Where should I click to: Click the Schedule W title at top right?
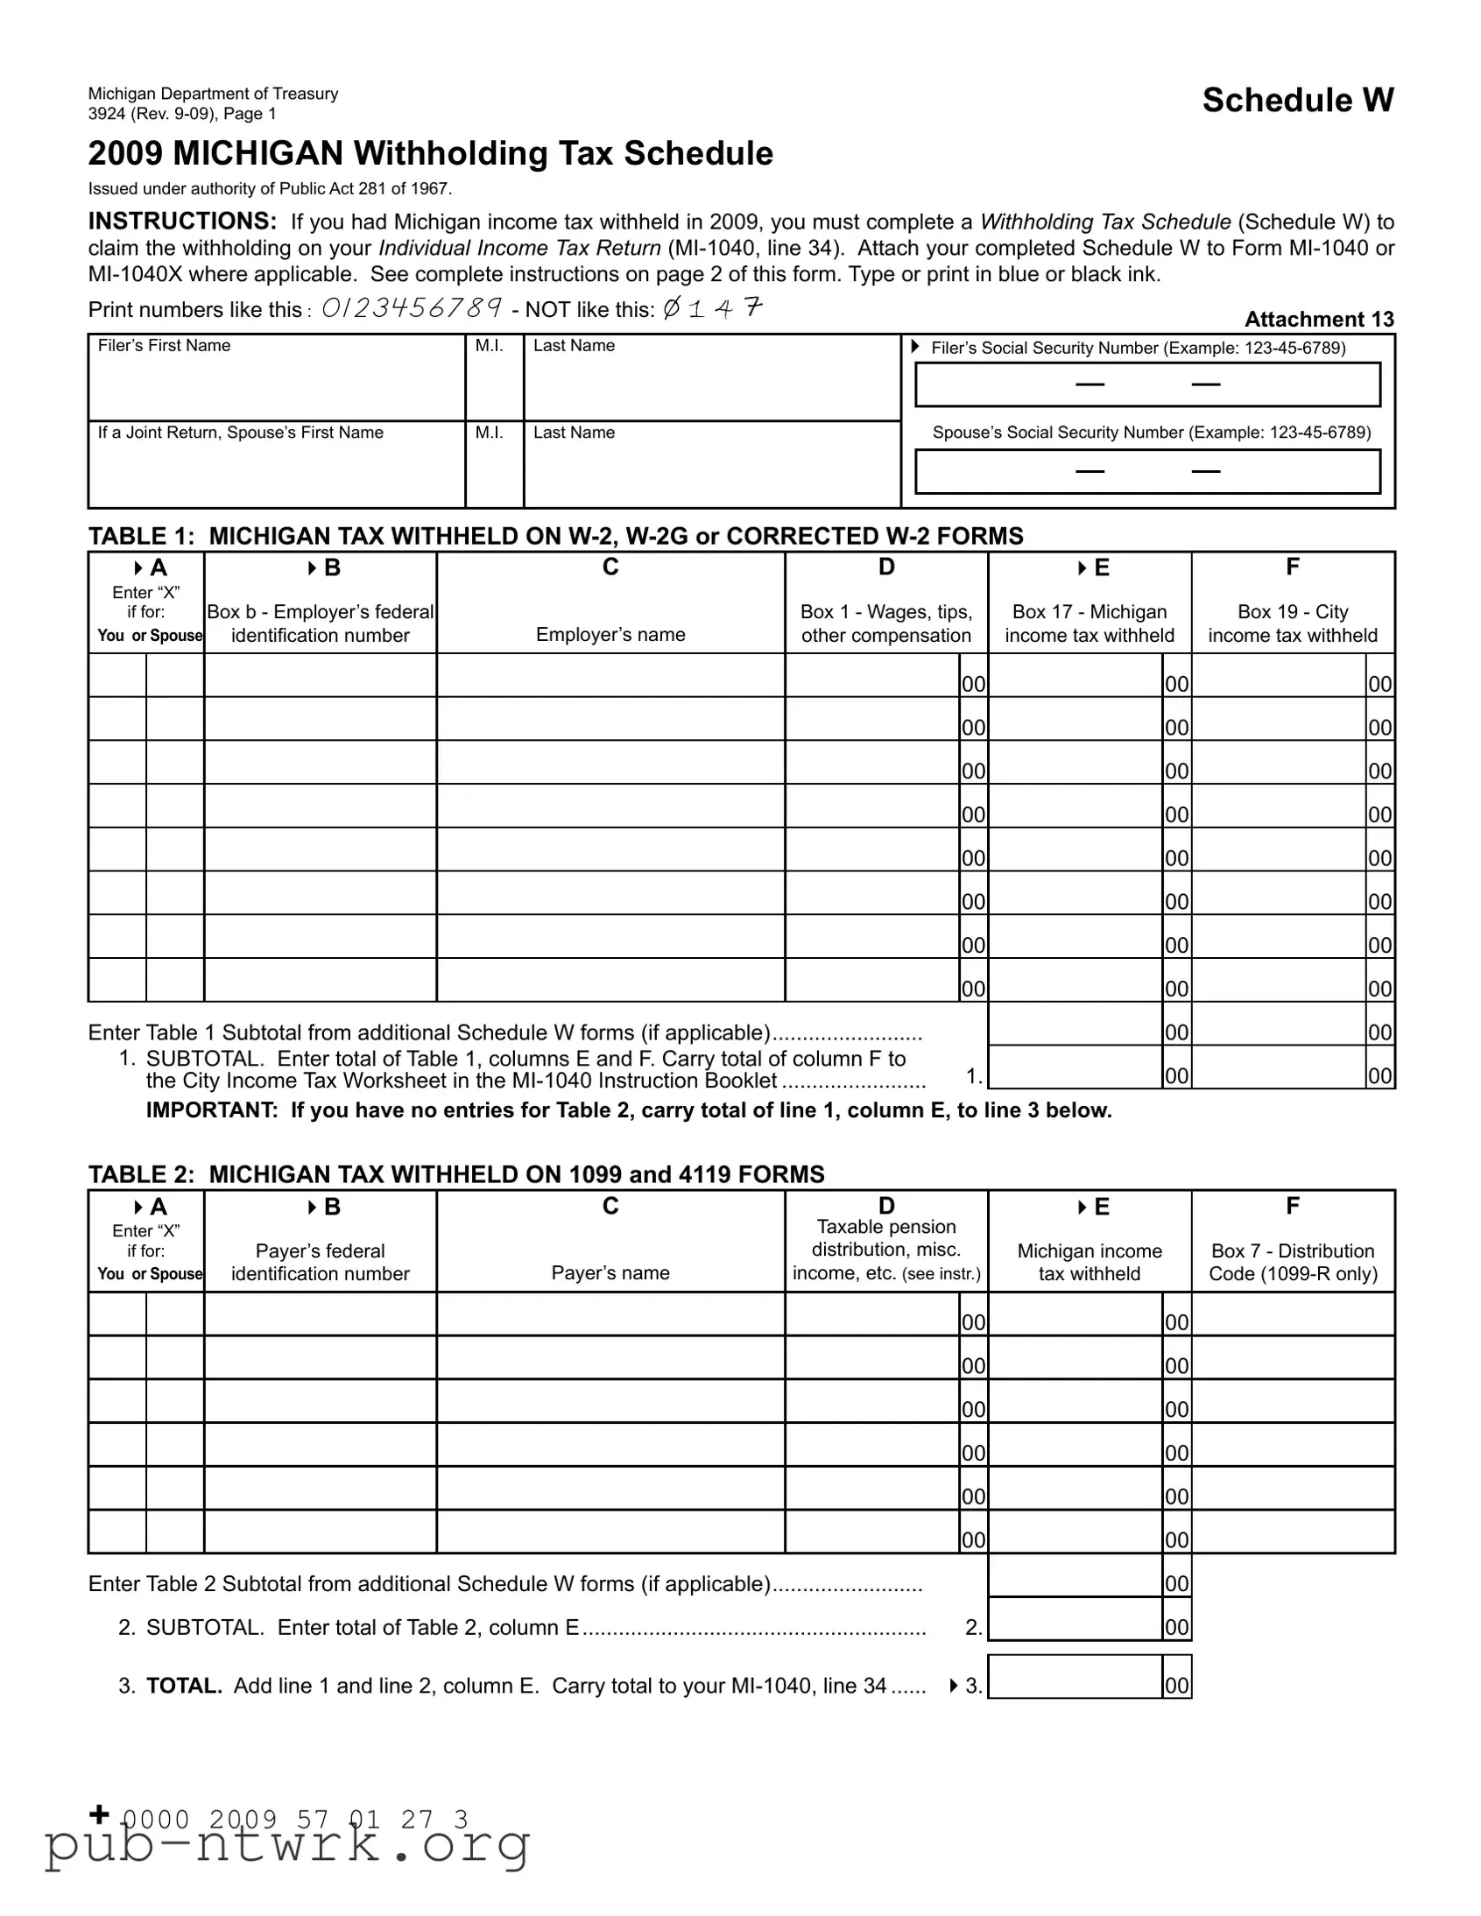[1297, 100]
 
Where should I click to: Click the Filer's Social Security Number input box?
[1146, 384]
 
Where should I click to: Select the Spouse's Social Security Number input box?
[1146, 471]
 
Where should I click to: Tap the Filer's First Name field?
[277, 386]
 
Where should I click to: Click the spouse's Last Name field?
[711, 473]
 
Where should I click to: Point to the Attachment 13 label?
[1319, 320]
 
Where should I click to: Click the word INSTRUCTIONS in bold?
[182, 221]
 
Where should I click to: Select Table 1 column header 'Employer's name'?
[610, 634]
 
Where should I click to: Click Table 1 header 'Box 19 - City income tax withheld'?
[1293, 623]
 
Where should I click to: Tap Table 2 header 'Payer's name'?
[610, 1273]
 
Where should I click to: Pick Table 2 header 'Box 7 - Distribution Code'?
[1293, 1262]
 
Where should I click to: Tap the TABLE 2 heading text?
[456, 1173]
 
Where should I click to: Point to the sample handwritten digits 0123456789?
[412, 308]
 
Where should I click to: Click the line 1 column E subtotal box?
[1075, 1067]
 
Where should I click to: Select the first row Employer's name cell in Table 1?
[610, 675]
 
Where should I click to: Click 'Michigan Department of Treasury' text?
[213, 94]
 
